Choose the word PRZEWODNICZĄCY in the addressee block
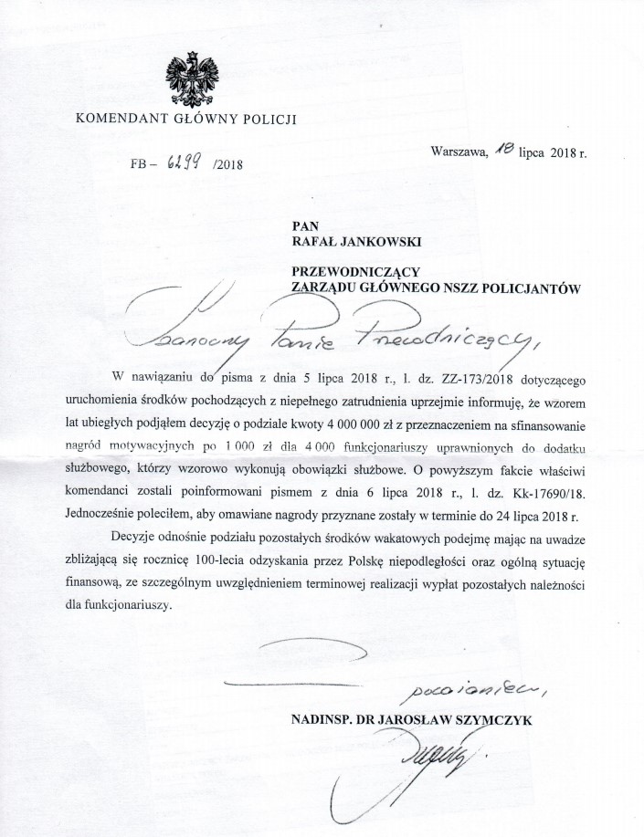[x=354, y=272]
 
